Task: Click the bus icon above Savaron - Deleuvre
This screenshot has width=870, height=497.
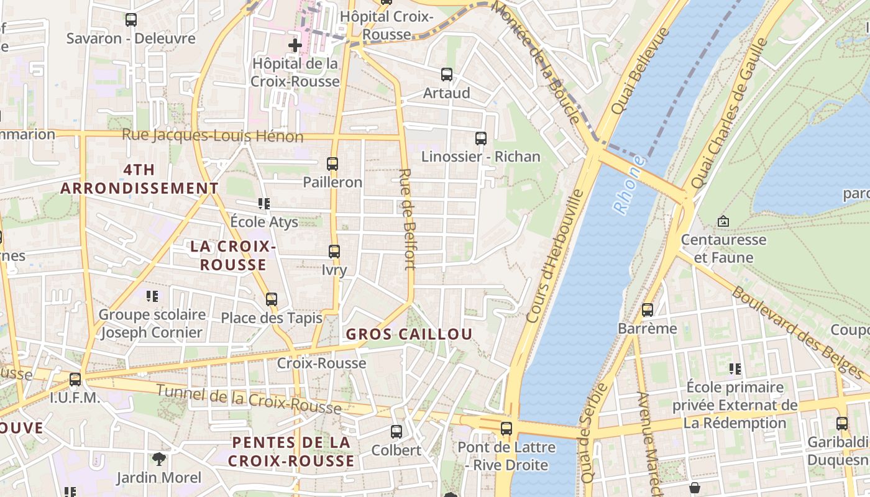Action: coord(130,20)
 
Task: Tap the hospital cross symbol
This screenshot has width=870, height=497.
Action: coord(295,45)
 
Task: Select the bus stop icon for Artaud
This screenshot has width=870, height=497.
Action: coord(446,75)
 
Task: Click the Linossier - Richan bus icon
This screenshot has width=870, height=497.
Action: coord(480,139)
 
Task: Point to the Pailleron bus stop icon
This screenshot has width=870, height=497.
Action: coord(332,164)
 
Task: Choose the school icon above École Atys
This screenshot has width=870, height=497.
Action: coord(263,204)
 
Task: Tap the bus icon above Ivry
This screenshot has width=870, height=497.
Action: coord(334,252)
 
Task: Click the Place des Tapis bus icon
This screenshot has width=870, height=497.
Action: coord(272,299)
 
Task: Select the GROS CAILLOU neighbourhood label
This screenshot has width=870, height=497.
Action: coord(409,334)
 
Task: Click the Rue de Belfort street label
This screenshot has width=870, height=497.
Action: coord(407,219)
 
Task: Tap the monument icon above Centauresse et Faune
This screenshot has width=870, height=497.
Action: coord(723,221)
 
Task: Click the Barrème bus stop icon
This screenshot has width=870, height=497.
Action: coord(648,309)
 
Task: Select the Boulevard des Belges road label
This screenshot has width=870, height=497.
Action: coord(798,332)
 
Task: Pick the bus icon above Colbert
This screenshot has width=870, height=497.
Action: coord(396,431)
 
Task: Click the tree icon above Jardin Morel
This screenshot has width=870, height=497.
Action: coord(159,459)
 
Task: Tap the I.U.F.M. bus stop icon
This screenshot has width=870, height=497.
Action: coord(75,379)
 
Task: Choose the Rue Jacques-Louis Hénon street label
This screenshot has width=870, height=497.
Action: coord(213,135)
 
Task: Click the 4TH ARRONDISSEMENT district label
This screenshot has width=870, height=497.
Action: coord(139,179)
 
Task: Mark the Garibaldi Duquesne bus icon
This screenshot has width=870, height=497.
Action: coord(842,424)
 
